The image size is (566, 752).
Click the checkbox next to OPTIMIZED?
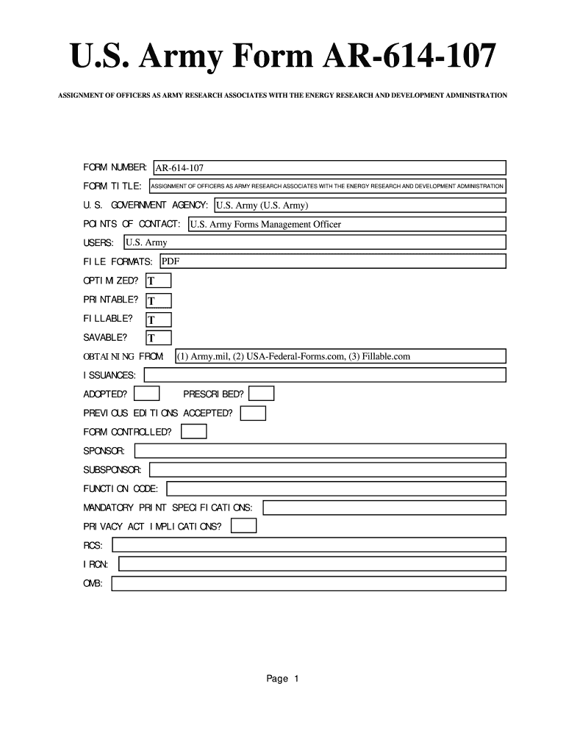pos(159,281)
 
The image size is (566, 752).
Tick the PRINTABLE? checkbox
pos(159,300)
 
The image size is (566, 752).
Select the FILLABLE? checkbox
pos(159,319)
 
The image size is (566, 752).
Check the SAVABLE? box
pos(159,338)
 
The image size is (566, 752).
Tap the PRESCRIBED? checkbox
pos(262,394)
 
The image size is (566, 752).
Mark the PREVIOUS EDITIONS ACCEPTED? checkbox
pos(253,413)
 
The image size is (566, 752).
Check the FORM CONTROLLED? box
pos(194,432)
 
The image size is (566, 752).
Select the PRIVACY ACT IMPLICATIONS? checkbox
pos(243,526)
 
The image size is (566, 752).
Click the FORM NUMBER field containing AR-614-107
pos(329,168)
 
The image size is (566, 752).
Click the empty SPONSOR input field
pos(319,450)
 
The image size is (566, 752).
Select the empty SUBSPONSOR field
pos(327,469)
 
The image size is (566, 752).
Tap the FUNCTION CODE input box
pos(336,488)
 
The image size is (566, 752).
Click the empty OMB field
pos(308,583)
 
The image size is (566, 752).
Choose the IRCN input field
pos(312,564)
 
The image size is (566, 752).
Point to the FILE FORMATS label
pos(118,262)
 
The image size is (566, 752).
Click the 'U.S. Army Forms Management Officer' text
pos(265,225)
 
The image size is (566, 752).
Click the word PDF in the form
pos(171,261)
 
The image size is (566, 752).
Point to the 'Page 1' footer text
pos(283,679)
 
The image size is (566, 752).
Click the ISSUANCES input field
pos(325,375)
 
